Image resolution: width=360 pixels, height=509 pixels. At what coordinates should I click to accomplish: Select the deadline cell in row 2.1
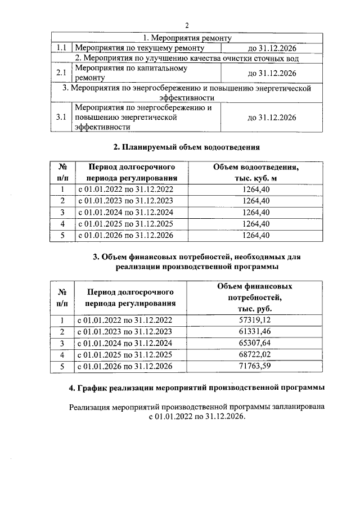(x=272, y=73)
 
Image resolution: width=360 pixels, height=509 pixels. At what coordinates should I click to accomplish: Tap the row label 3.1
(x=61, y=118)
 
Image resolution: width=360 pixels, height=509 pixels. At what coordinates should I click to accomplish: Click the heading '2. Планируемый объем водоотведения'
(x=186, y=147)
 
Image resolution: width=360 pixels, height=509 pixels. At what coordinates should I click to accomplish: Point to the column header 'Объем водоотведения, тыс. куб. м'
(x=256, y=173)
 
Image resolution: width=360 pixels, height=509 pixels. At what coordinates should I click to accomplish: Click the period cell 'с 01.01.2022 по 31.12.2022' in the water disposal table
(x=124, y=190)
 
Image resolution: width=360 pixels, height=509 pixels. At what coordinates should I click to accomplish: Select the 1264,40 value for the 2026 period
(x=256, y=235)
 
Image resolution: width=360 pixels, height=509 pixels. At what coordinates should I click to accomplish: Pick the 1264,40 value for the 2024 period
(x=256, y=212)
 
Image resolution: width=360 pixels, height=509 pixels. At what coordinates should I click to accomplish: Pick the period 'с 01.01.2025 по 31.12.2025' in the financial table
(x=124, y=355)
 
